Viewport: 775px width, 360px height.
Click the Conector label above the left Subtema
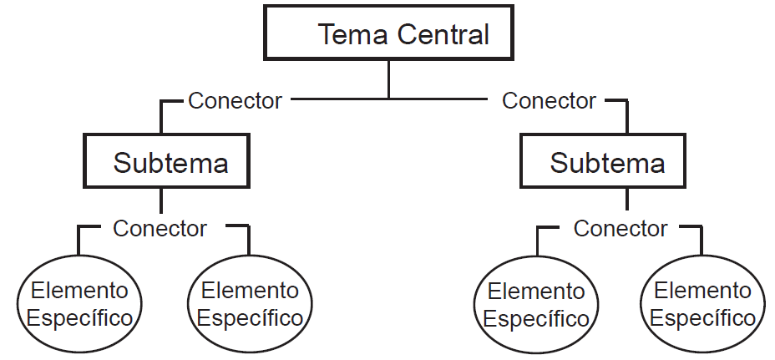click(x=235, y=101)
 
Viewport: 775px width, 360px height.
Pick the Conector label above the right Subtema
click(x=549, y=101)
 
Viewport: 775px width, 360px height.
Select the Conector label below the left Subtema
click(x=160, y=228)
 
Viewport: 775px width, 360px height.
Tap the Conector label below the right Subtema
click(x=621, y=228)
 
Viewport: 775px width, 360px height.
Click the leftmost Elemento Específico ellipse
click(x=79, y=305)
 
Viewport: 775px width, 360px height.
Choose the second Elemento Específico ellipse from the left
click(x=250, y=305)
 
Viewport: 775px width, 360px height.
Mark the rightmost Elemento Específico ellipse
click(x=702, y=305)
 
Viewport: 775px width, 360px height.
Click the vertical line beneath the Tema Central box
click(x=388, y=80)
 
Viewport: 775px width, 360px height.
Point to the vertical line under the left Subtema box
click(x=160, y=201)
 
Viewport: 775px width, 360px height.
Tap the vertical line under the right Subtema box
click(x=626, y=200)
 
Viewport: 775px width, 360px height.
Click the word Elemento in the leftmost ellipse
click(x=79, y=291)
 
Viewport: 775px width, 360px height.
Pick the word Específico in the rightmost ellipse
click(x=702, y=318)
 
